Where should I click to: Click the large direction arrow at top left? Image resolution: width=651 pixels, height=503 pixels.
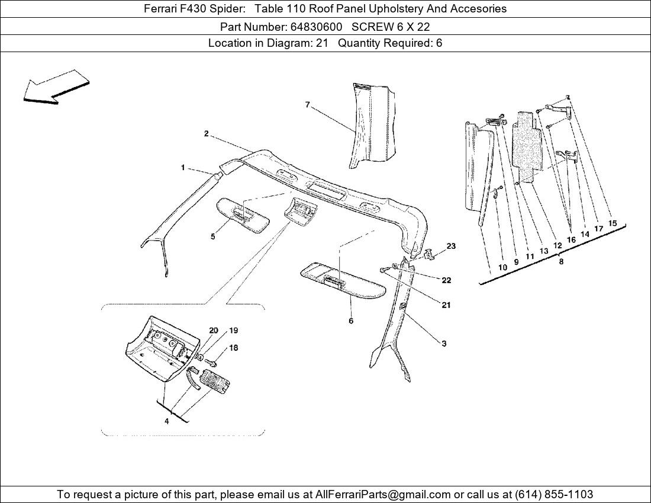pos(56,87)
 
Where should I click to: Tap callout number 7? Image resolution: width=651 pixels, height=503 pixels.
pos(307,105)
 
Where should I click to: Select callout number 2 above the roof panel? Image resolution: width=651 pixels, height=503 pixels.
pos(206,134)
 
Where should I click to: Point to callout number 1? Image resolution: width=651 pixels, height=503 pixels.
pos(183,168)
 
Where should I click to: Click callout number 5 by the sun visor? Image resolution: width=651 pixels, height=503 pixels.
pos(212,236)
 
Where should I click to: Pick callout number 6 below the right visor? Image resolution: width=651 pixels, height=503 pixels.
pos(351,321)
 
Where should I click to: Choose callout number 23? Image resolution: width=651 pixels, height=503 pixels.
pos(451,246)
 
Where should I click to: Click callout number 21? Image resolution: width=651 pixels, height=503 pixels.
pos(446,305)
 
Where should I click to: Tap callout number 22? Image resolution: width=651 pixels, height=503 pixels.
pos(446,281)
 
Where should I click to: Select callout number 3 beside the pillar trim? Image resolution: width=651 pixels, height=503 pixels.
pos(444,344)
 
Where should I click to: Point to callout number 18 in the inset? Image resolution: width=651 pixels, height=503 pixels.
pos(233,348)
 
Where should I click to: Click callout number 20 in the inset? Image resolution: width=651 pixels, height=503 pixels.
pos(214,331)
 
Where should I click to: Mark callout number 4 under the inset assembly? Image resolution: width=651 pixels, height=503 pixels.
pos(166,421)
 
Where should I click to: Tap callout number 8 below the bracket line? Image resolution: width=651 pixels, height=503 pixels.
pos(561,261)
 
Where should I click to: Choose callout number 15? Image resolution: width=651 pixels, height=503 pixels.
pos(613,223)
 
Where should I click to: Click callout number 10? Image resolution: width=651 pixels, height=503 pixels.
pos(502,267)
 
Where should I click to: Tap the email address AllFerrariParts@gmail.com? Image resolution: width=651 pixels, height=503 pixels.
pos(383,494)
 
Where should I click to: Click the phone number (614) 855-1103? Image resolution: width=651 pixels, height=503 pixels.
pos(554,494)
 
